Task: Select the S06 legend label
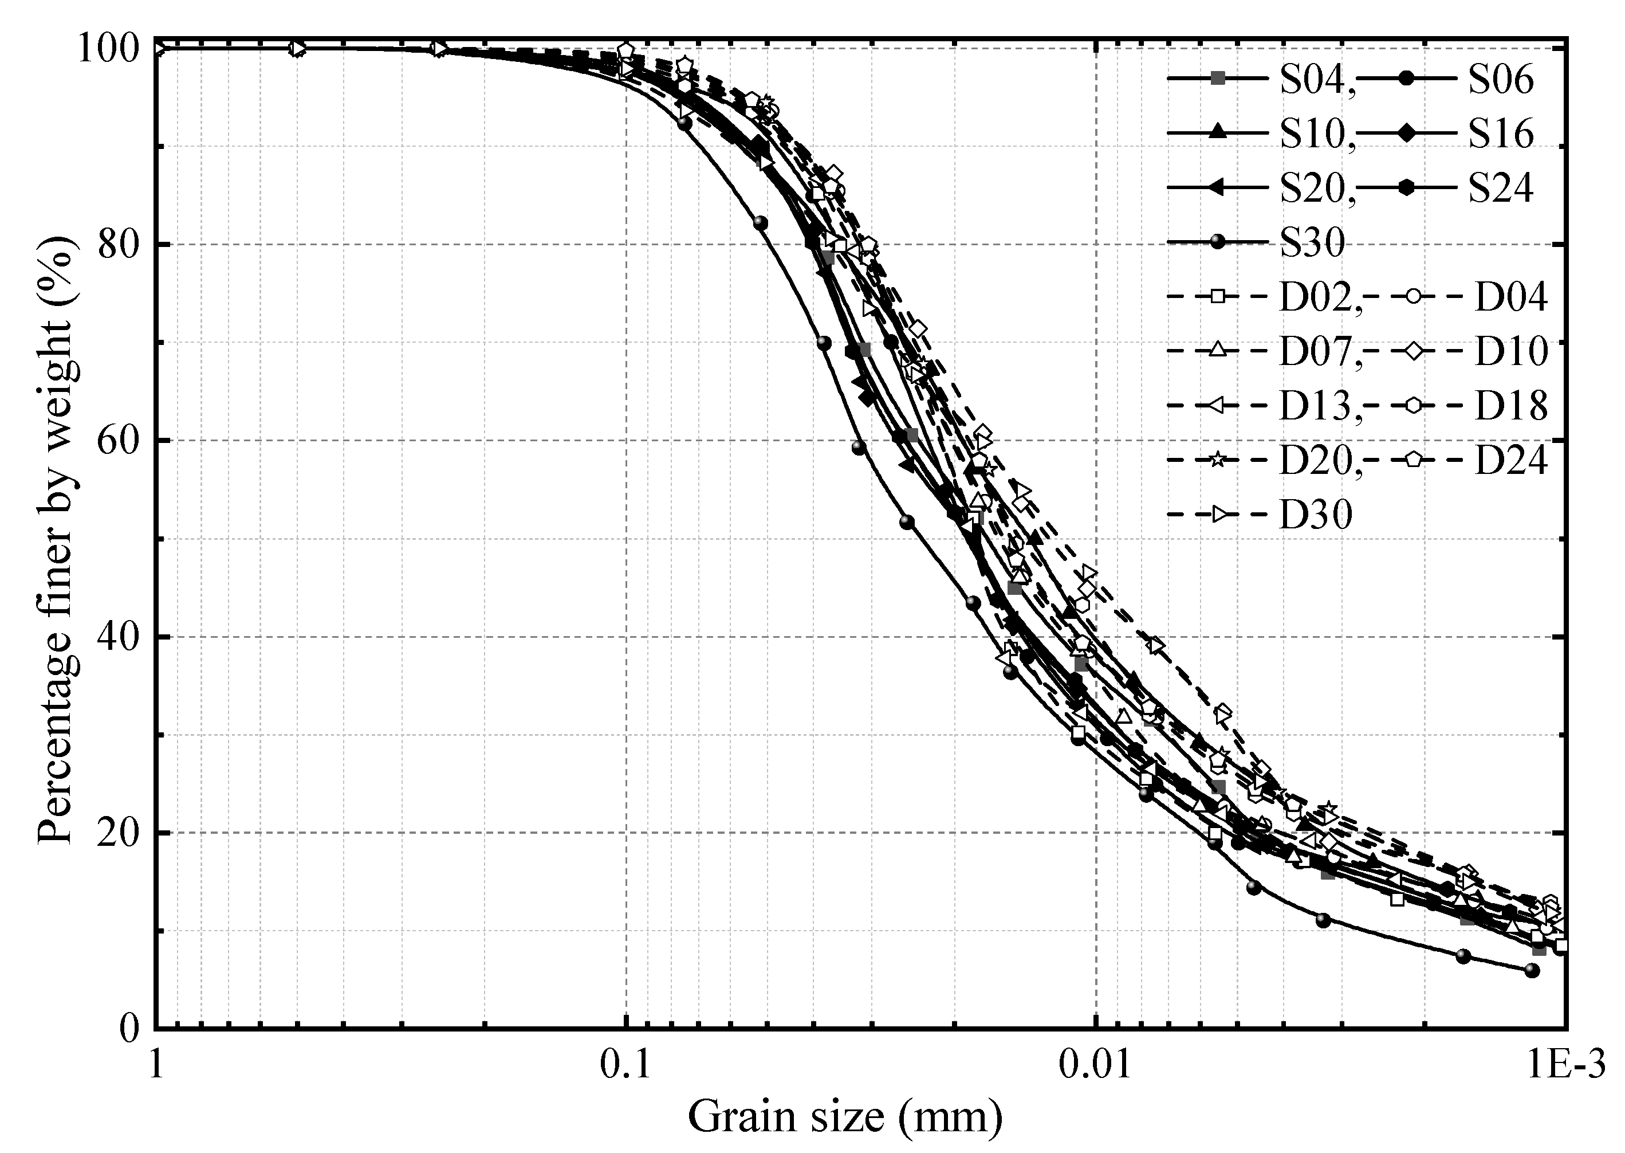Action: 1501,80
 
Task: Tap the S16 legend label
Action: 1501,134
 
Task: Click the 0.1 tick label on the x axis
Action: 626,1068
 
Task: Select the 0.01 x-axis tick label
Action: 1096,1068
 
